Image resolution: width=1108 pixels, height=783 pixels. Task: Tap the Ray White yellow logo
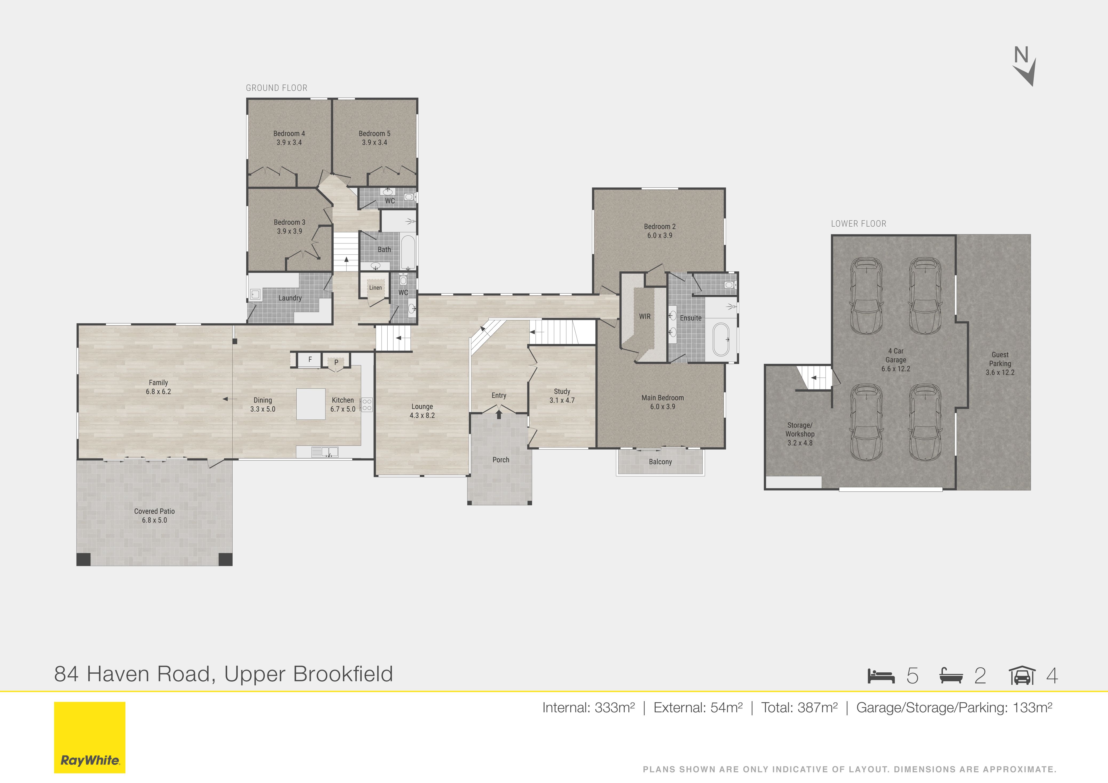[90, 737]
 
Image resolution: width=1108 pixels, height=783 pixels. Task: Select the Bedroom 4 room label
[289, 134]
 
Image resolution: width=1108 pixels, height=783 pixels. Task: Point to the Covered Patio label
[154, 511]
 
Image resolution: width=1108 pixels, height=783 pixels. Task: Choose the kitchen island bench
[311, 404]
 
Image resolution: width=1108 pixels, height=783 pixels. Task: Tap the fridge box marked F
[310, 359]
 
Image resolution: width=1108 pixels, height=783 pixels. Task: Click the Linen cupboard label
[376, 288]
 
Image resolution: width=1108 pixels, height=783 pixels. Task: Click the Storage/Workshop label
[800, 430]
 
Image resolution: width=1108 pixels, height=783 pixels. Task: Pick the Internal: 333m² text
[588, 708]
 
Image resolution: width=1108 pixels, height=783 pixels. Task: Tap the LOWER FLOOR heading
[859, 224]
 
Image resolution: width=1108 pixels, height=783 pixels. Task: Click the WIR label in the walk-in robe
[645, 316]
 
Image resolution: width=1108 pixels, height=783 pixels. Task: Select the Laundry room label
[290, 298]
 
